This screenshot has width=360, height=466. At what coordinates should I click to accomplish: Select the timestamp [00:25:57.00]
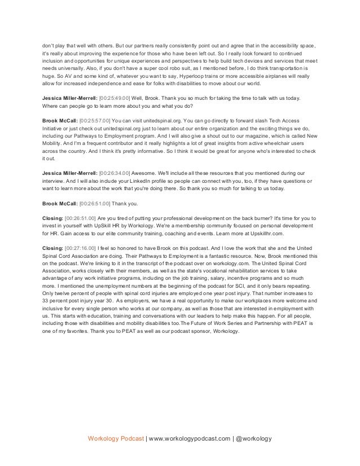(x=95, y=121)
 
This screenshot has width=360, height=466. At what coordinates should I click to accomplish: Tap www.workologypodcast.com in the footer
(x=188, y=438)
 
